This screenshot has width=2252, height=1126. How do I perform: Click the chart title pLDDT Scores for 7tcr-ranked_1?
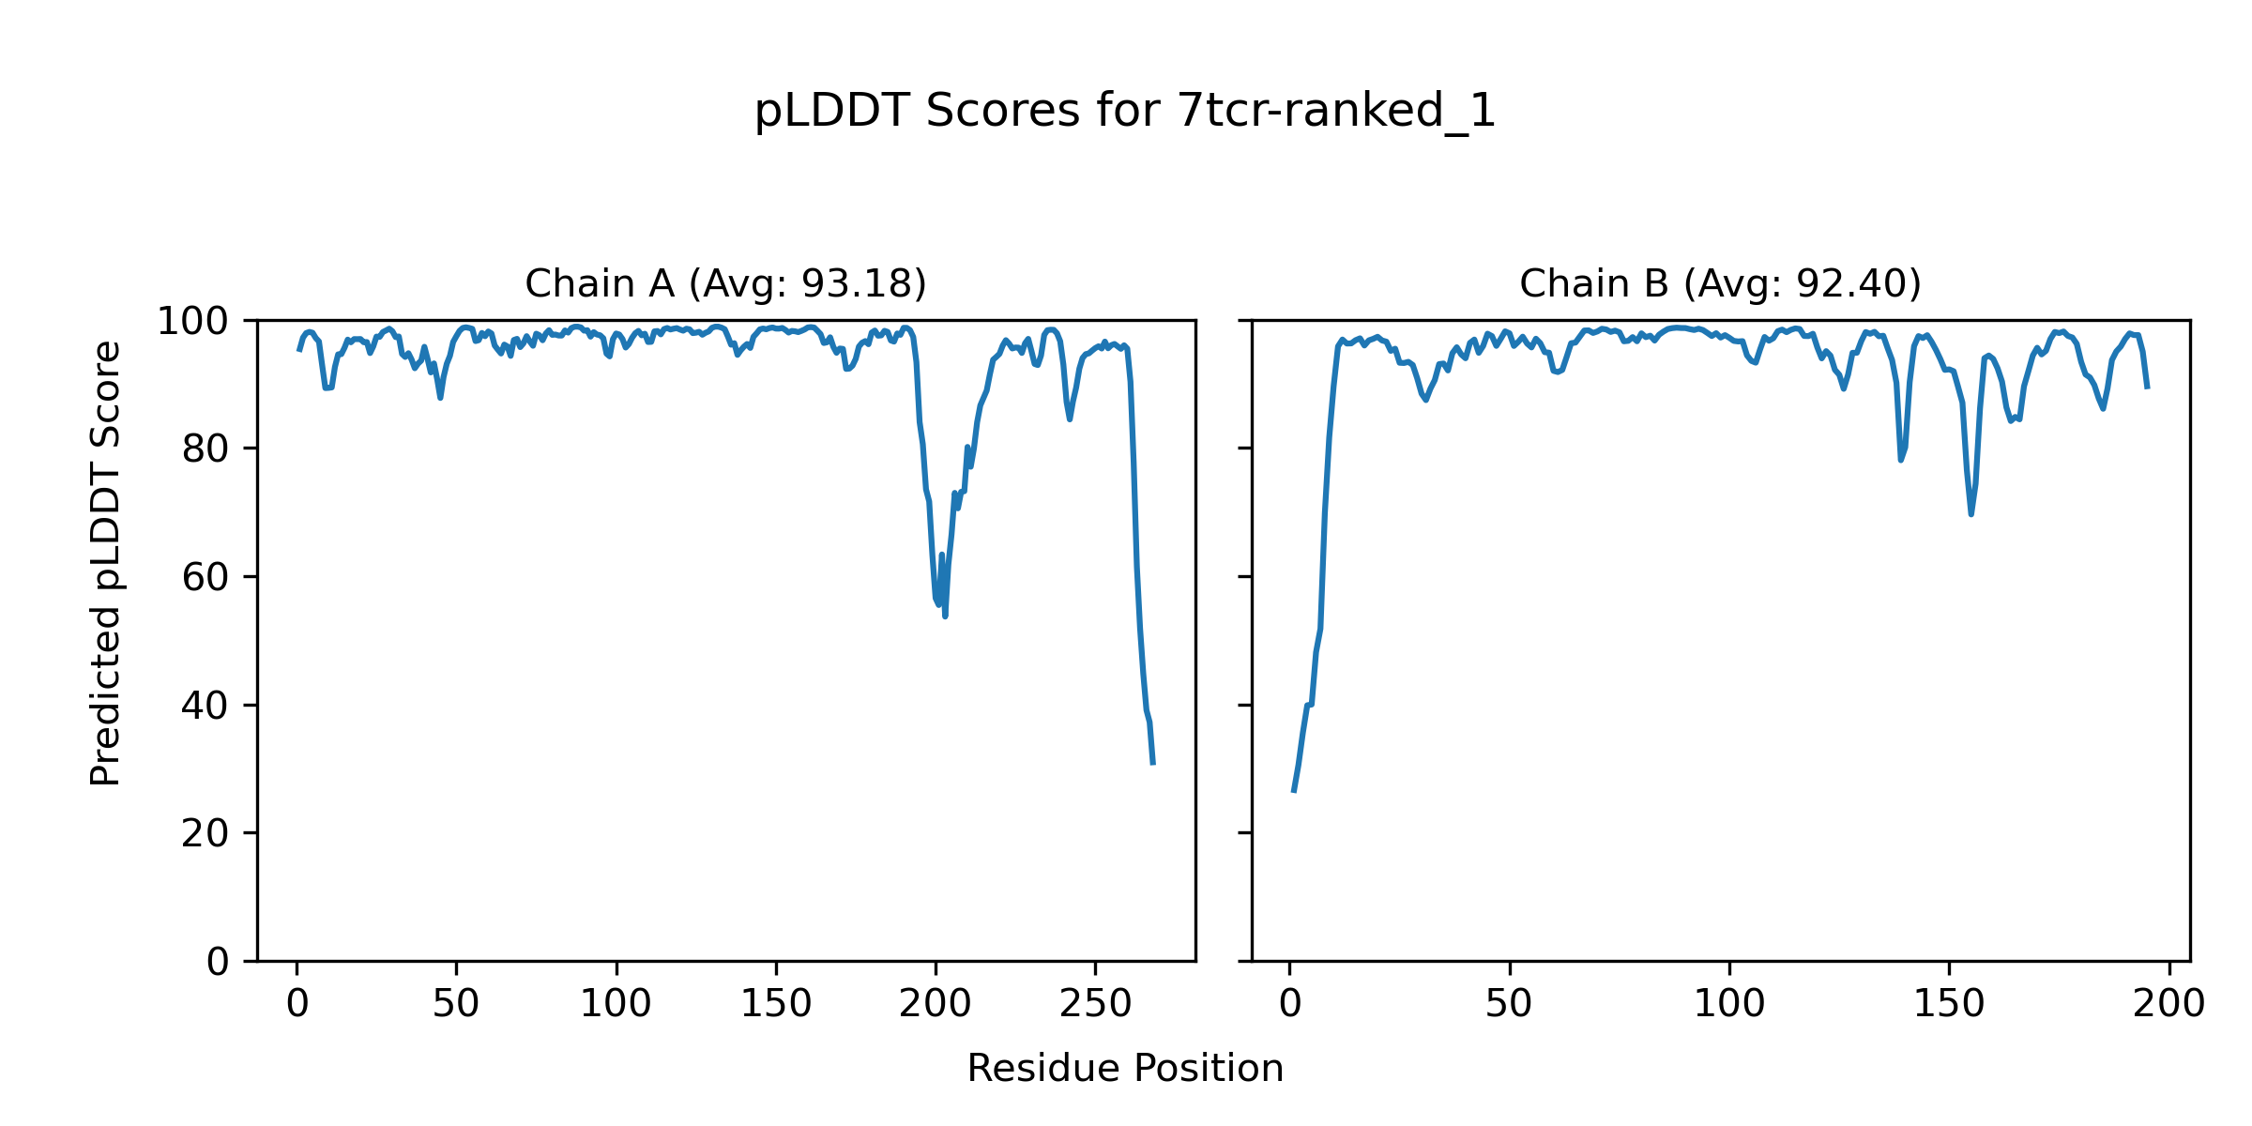[x=1124, y=112]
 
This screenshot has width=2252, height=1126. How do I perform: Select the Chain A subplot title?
[x=725, y=283]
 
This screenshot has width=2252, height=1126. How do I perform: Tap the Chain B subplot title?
[x=1720, y=283]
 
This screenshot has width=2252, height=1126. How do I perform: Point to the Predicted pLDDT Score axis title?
[x=105, y=563]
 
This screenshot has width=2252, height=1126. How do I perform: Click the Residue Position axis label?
[x=1124, y=1069]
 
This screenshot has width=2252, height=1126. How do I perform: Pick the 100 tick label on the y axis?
[x=192, y=322]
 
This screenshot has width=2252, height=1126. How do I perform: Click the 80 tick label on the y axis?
[x=205, y=449]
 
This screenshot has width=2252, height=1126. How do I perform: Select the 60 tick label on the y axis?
[x=205, y=578]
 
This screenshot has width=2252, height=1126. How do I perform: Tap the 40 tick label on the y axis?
[x=205, y=706]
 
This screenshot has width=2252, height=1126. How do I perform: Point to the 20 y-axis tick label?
[x=205, y=834]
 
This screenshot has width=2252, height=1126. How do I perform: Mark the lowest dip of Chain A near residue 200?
[x=945, y=616]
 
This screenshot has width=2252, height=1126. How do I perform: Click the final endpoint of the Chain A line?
[x=1153, y=764]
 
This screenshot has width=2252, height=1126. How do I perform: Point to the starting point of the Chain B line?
[x=1293, y=792]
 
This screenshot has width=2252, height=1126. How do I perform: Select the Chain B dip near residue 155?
[x=1970, y=513]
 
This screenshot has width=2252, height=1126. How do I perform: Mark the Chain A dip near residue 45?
[x=440, y=398]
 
